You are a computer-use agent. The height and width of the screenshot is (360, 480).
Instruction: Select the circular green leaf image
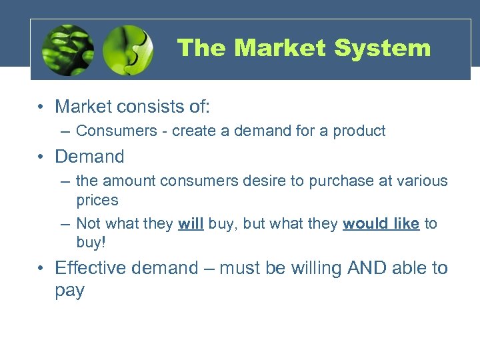point(67,49)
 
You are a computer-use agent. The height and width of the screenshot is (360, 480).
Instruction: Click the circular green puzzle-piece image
point(128,49)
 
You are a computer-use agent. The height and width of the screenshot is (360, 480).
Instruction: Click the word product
point(361,131)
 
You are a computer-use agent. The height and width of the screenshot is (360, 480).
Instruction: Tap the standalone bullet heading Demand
point(89,157)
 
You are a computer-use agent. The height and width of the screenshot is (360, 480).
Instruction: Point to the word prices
point(97,200)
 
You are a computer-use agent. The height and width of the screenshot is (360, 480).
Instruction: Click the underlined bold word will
point(191,224)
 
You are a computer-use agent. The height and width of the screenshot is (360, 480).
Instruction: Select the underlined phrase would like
point(381,224)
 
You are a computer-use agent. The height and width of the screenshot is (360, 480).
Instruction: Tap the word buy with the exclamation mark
point(91,243)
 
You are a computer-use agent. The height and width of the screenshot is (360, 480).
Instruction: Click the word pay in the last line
point(69,291)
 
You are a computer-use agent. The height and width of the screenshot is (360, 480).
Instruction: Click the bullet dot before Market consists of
point(41,107)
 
